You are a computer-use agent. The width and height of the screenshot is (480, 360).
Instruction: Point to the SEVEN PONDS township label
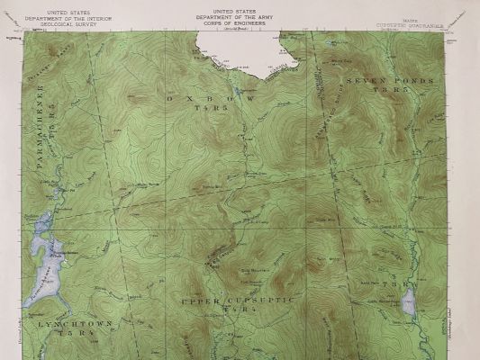click(x=389, y=81)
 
